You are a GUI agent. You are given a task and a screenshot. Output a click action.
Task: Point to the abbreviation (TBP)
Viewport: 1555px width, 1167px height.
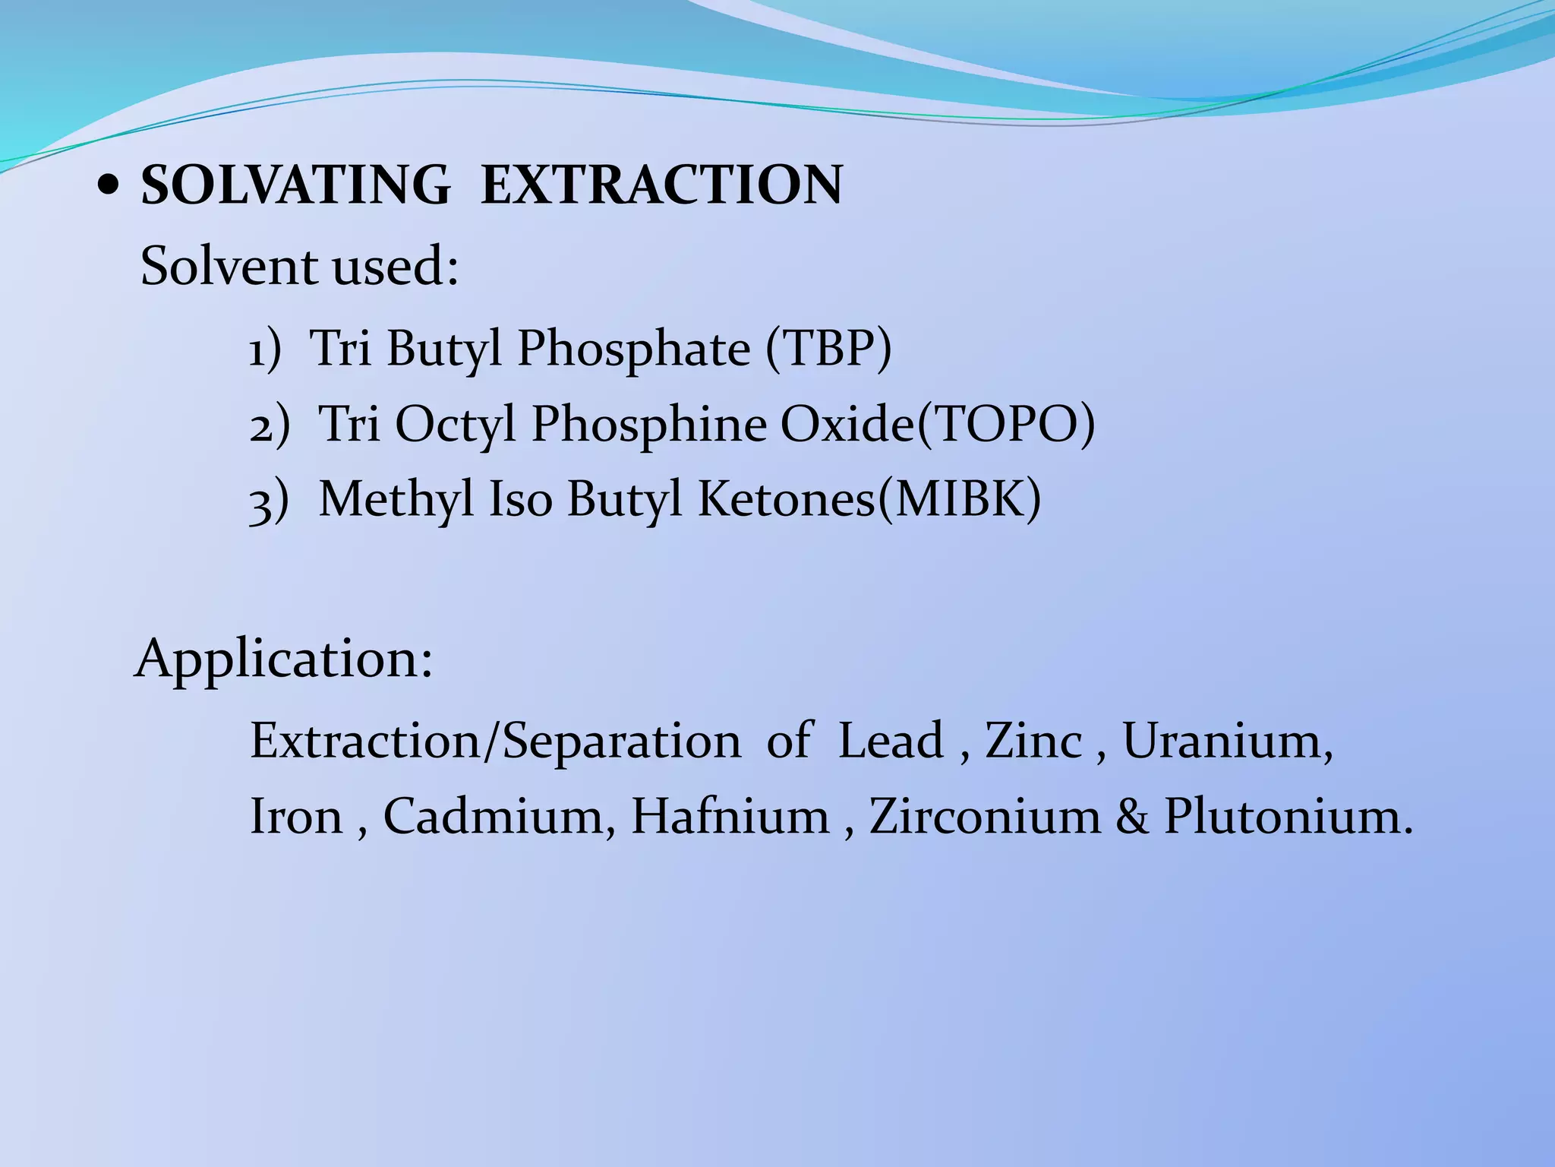828,349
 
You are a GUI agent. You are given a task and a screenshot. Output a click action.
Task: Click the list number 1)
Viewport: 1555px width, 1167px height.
265,350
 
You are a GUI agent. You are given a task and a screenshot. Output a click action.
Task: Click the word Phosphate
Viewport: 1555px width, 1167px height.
633,349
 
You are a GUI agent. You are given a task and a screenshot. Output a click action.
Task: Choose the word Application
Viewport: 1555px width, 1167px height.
283,659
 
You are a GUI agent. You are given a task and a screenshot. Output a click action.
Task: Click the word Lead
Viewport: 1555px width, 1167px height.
890,740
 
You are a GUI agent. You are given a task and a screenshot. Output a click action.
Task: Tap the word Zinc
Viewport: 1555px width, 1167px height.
1033,740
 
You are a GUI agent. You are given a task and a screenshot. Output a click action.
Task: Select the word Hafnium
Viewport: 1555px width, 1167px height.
730,817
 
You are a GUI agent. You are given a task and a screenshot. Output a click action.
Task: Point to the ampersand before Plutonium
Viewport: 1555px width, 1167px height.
1132,818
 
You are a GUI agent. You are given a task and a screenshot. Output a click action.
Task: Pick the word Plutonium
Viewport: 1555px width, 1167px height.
1288,817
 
